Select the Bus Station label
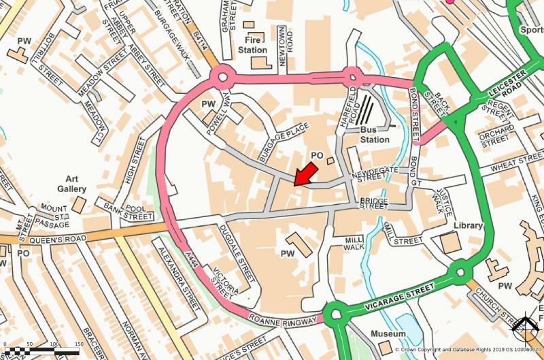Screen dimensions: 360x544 click(375, 134)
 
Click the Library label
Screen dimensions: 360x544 click(468, 226)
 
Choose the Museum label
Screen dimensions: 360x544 click(388, 334)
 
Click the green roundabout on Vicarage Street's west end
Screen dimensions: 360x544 click(335, 314)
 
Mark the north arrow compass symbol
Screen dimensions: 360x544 click(525, 331)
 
